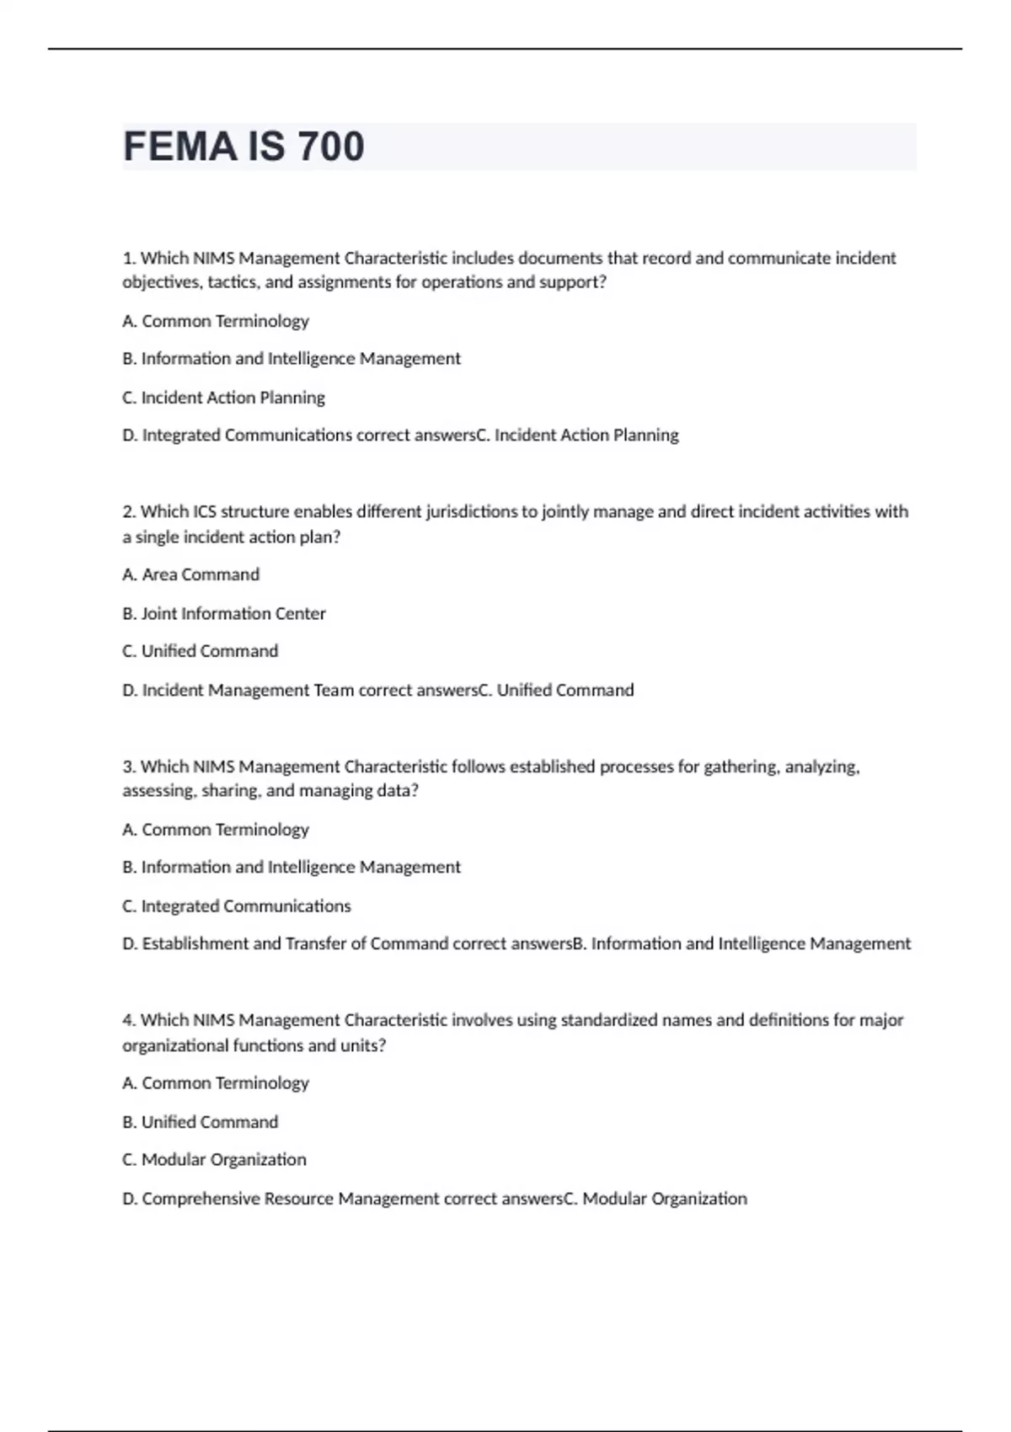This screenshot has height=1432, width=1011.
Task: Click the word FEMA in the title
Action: pyautogui.click(x=179, y=147)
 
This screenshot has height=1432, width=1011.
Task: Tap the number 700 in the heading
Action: pyautogui.click(x=330, y=147)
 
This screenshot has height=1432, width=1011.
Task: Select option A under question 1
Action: pyautogui.click(x=216, y=321)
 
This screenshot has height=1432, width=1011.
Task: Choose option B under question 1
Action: pyautogui.click(x=292, y=359)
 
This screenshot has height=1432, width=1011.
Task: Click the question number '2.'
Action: pyautogui.click(x=130, y=511)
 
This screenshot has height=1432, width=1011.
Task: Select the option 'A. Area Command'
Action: pyautogui.click(x=191, y=574)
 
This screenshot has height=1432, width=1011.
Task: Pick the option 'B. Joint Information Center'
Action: pyautogui.click(x=224, y=613)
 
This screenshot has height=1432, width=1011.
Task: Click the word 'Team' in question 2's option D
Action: pyautogui.click(x=334, y=691)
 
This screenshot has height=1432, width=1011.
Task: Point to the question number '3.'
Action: pyautogui.click(x=130, y=767)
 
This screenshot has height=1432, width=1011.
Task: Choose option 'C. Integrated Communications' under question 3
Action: pyautogui.click(x=237, y=906)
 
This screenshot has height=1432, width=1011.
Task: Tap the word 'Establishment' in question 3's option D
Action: pyautogui.click(x=195, y=943)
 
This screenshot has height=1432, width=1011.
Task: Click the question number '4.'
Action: pyautogui.click(x=130, y=1020)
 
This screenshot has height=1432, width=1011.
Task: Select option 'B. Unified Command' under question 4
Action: pyautogui.click(x=201, y=1122)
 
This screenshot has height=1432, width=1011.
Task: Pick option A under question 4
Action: pyautogui.click(x=216, y=1083)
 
